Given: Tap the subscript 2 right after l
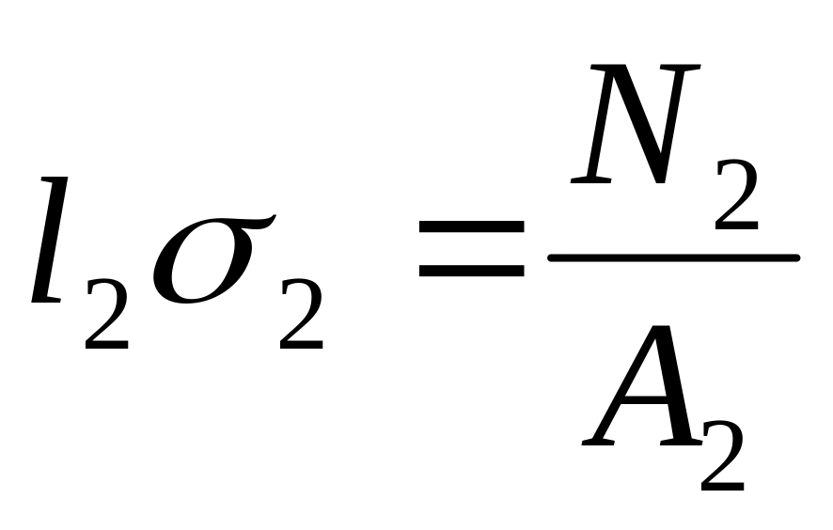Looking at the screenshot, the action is pos(106,321).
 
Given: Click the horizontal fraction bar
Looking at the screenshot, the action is pos(673,256).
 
